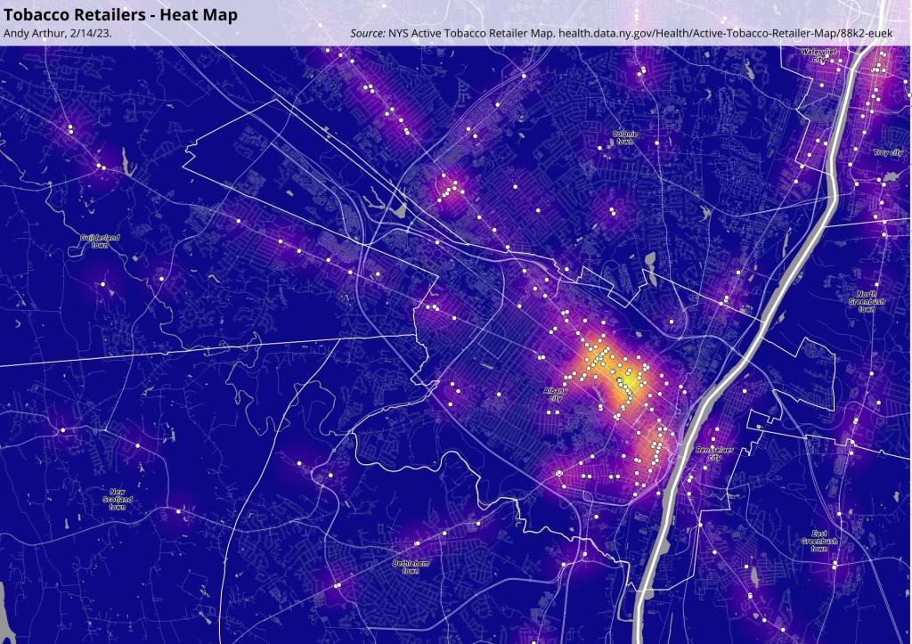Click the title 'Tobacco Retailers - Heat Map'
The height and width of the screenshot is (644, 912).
click(121, 14)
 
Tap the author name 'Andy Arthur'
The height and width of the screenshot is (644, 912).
click(32, 33)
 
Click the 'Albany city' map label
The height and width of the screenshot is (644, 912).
click(556, 394)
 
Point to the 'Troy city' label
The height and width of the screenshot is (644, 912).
click(888, 153)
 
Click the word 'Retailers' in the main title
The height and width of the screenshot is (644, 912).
click(112, 14)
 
